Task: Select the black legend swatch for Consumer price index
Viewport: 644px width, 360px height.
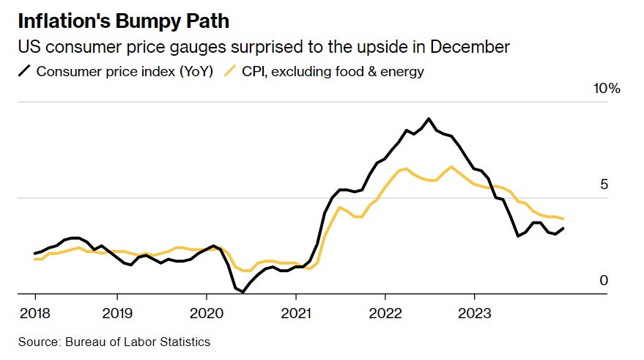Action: (24, 71)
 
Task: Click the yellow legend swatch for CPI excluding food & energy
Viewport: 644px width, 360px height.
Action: (229, 71)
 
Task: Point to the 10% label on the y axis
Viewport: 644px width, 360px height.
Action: (606, 89)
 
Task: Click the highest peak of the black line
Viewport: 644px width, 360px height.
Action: (429, 119)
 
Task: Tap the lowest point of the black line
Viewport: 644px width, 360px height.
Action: (243, 292)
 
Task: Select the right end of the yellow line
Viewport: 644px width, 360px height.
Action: (563, 218)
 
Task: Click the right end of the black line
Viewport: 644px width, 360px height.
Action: (563, 229)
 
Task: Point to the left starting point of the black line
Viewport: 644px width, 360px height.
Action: (35, 254)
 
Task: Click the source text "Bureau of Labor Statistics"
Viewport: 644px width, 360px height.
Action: (137, 342)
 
